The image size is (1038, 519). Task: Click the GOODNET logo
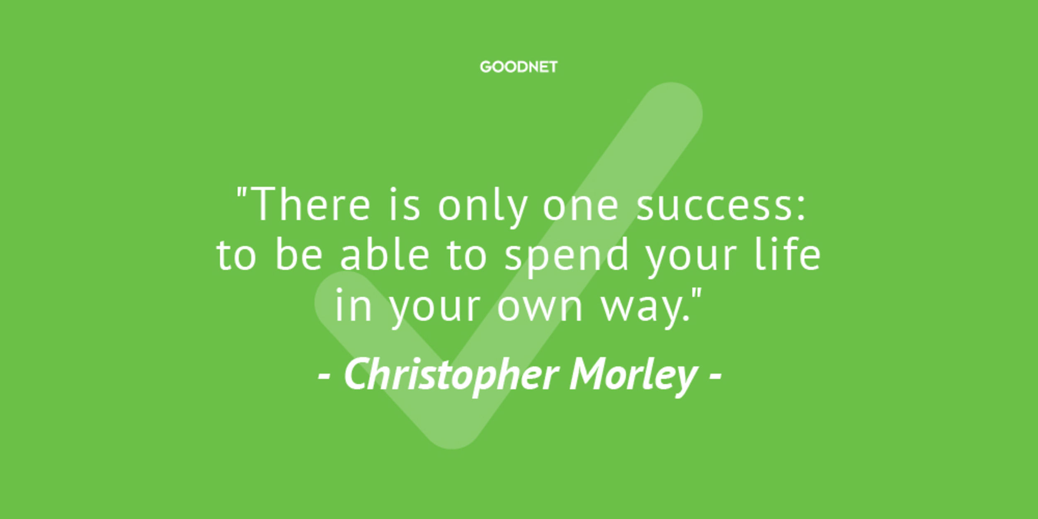tap(519, 67)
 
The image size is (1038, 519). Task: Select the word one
tap(580, 209)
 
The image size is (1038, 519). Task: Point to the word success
tap(714, 209)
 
